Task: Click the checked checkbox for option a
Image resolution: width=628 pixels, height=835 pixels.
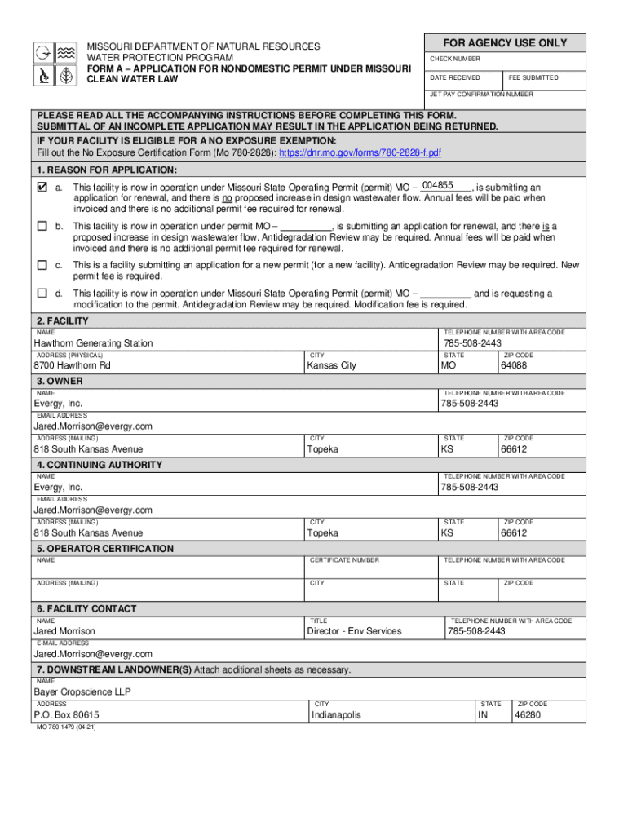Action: click(42, 188)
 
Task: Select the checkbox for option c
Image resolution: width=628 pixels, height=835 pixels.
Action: click(42, 265)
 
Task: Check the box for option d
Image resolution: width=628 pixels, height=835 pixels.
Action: click(42, 294)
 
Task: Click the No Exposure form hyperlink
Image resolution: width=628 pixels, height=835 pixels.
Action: click(360, 153)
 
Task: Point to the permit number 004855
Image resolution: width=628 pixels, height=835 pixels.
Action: click(437, 186)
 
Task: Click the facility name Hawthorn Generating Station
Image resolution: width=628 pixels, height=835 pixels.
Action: click(93, 343)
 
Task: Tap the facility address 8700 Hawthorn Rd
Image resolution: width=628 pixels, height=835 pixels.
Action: click(72, 365)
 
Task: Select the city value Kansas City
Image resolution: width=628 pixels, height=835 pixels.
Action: click(331, 365)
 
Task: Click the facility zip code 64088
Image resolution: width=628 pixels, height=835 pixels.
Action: click(515, 365)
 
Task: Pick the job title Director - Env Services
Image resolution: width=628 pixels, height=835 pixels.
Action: click(354, 631)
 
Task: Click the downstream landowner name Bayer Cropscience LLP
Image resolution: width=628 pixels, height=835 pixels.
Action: click(82, 692)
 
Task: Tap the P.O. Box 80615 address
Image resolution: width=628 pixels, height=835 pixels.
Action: click(67, 715)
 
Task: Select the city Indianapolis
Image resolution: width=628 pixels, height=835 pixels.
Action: click(336, 715)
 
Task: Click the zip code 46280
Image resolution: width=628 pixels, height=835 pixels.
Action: click(527, 715)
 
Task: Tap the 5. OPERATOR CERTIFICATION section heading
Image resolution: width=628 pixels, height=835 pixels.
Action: click(104, 549)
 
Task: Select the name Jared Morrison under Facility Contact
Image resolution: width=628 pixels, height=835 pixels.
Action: click(64, 631)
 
